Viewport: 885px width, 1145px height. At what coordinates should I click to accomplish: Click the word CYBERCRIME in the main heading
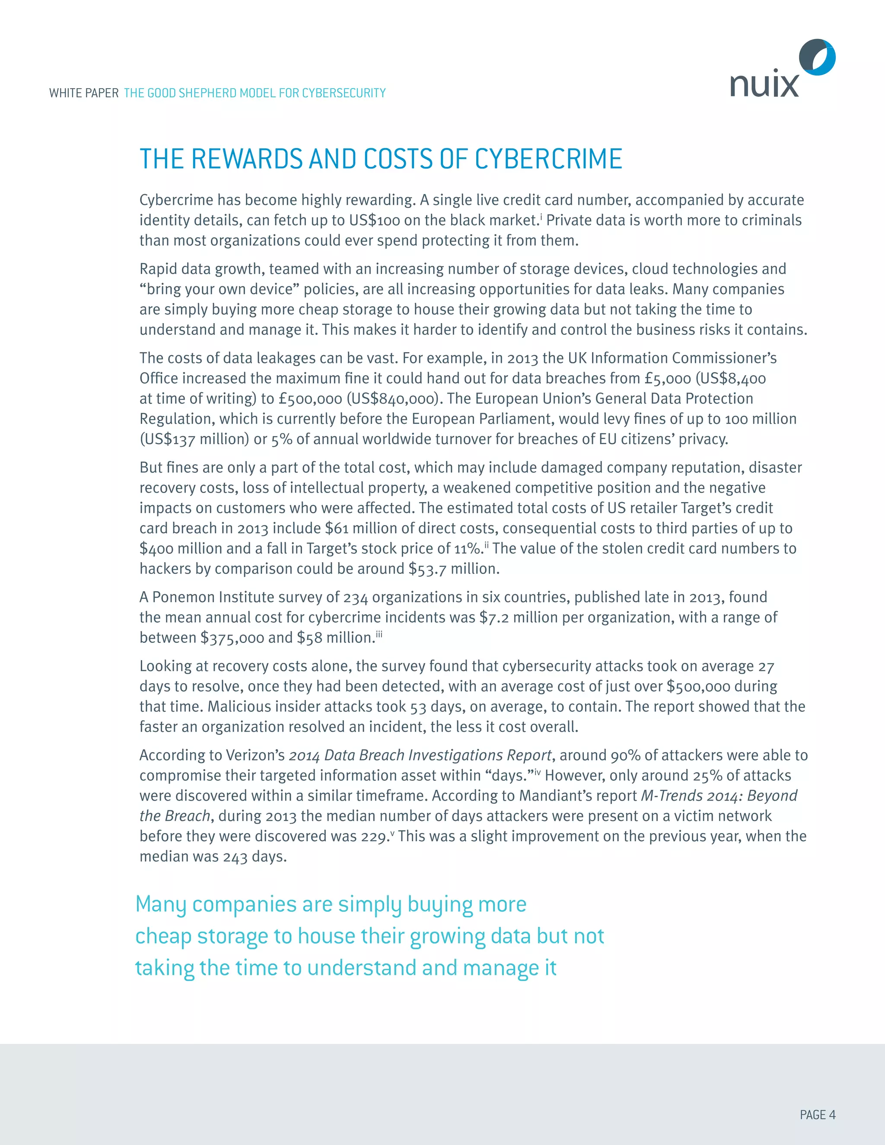pyautogui.click(x=548, y=159)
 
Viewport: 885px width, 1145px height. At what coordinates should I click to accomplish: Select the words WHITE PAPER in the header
pyautogui.click(x=84, y=93)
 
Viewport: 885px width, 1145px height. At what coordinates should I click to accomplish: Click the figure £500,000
pyautogui.click(x=310, y=399)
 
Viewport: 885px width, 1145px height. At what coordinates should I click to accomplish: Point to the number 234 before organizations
pyautogui.click(x=356, y=597)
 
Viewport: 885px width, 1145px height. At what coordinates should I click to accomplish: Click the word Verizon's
pyautogui.click(x=255, y=755)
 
